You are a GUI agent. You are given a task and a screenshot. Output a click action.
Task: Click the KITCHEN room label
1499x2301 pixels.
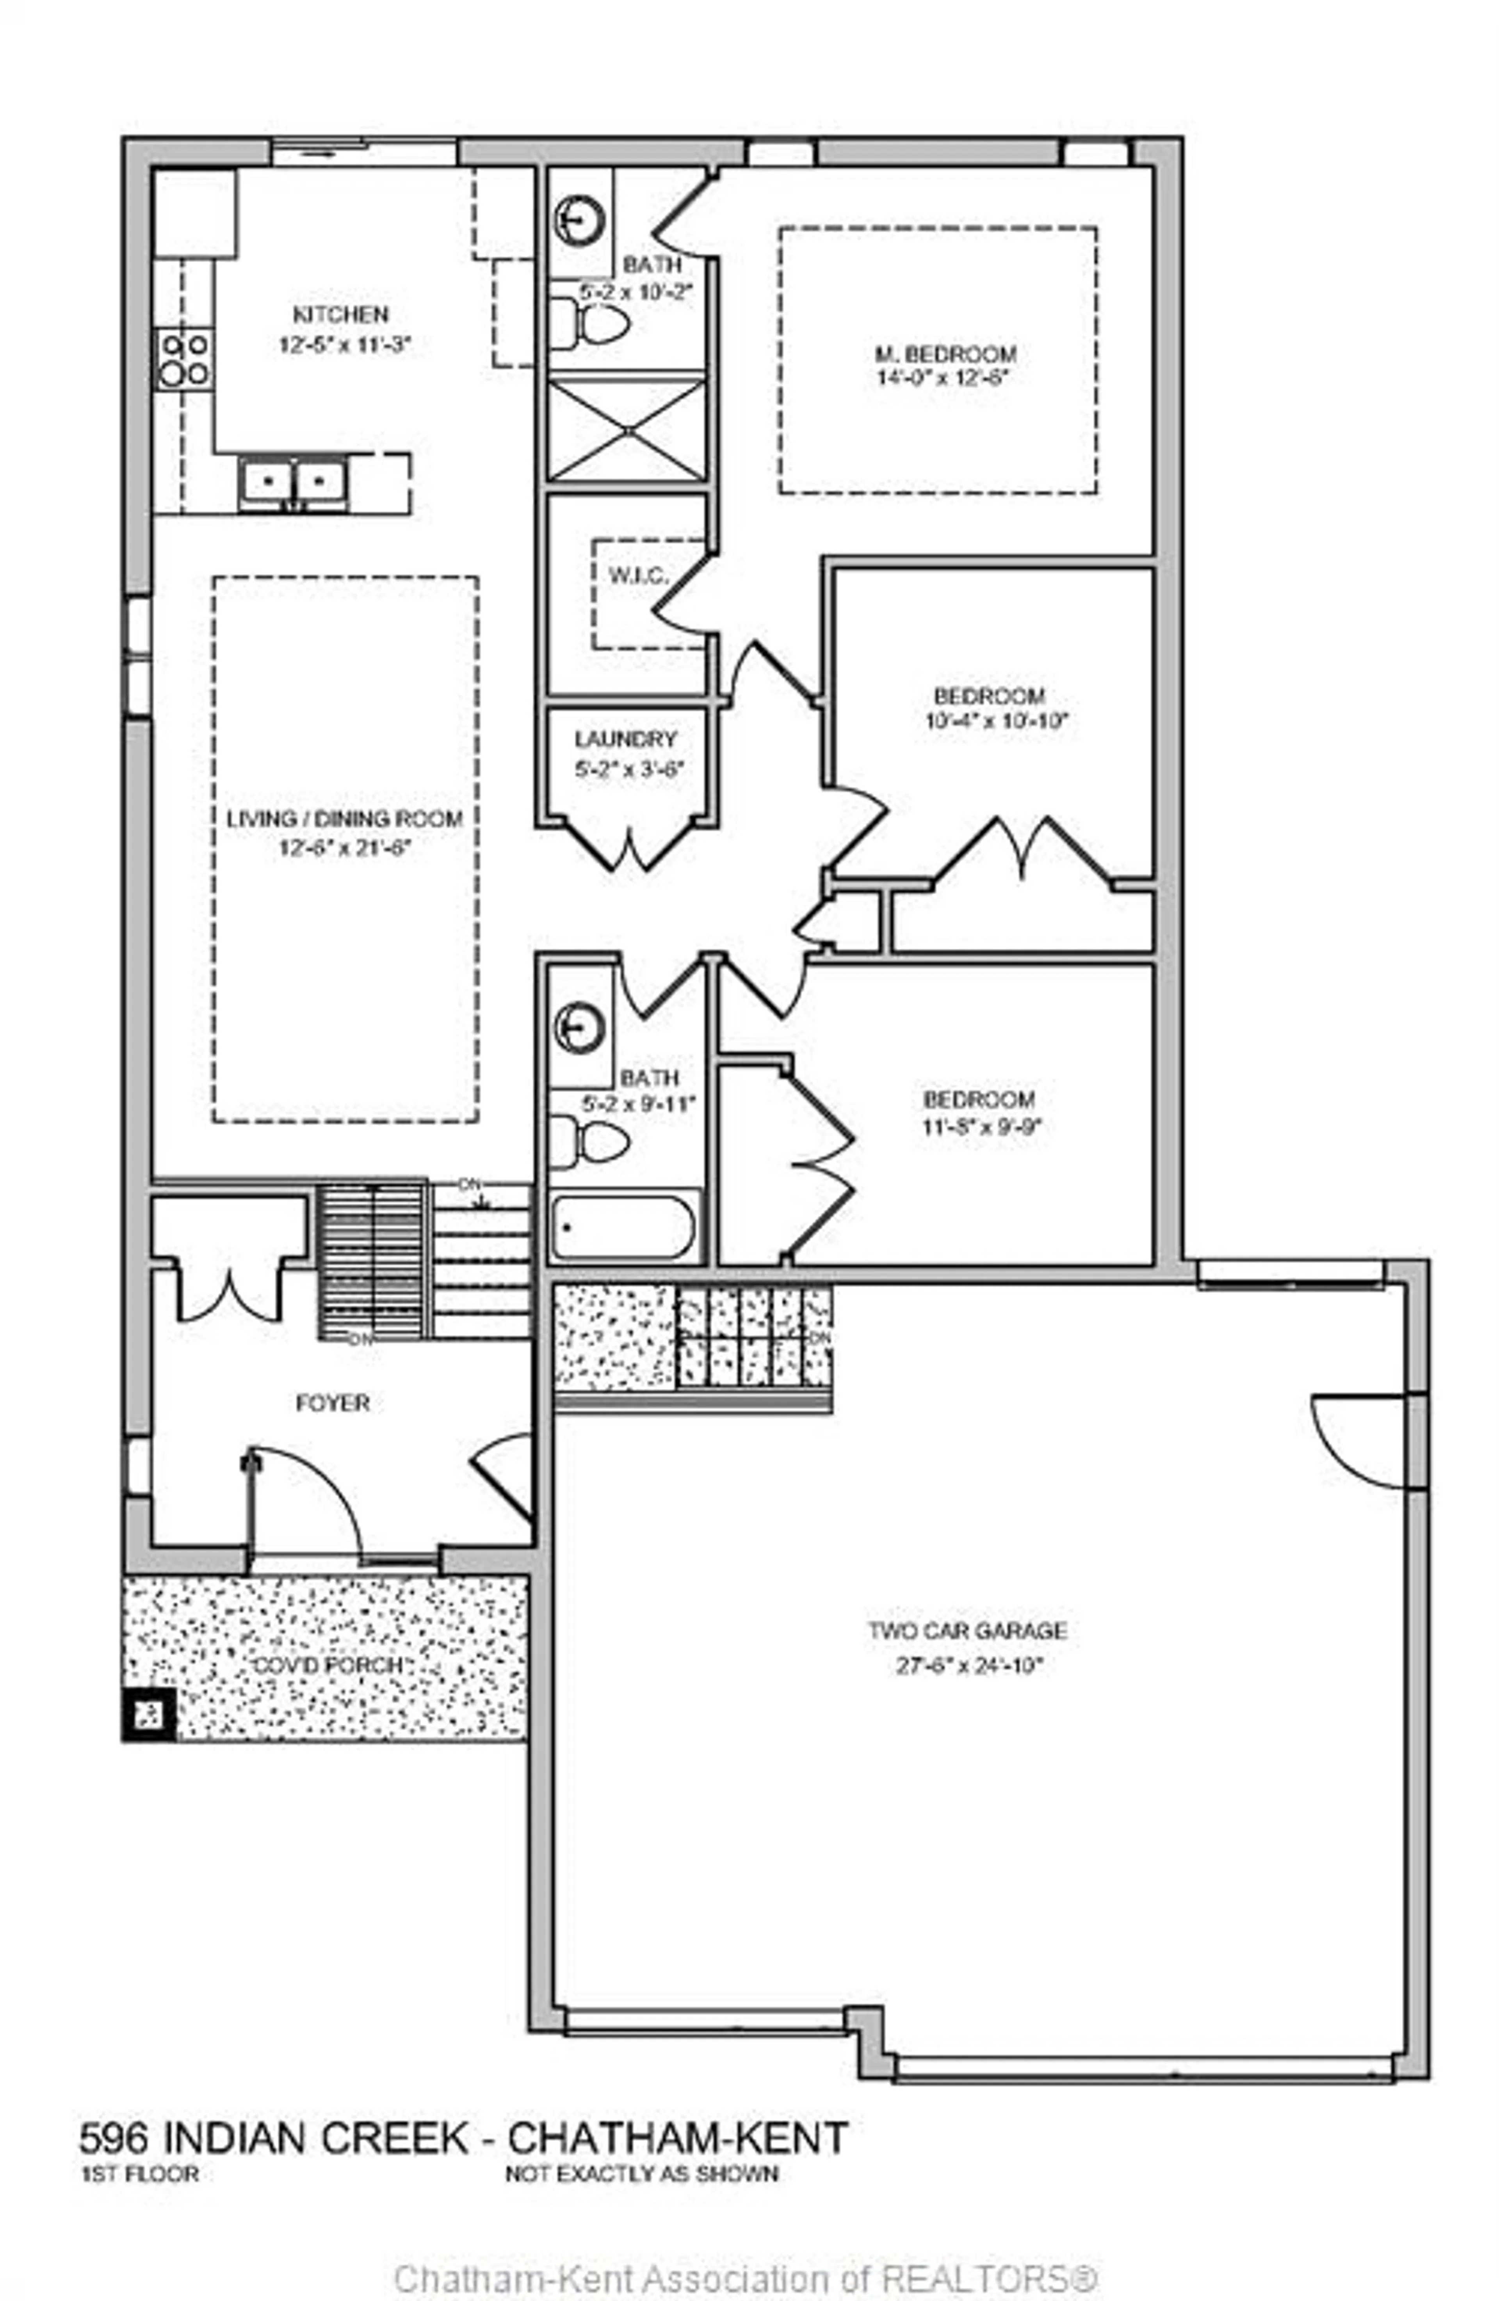click(x=340, y=314)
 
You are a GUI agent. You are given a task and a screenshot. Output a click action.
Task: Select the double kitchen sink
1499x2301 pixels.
click(x=295, y=481)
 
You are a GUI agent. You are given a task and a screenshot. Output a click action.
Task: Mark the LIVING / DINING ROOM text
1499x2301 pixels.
click(x=344, y=819)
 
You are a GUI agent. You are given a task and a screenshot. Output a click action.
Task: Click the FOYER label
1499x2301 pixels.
click(x=333, y=1403)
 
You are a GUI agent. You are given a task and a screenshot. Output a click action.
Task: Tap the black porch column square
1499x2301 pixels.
click(x=149, y=1716)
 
